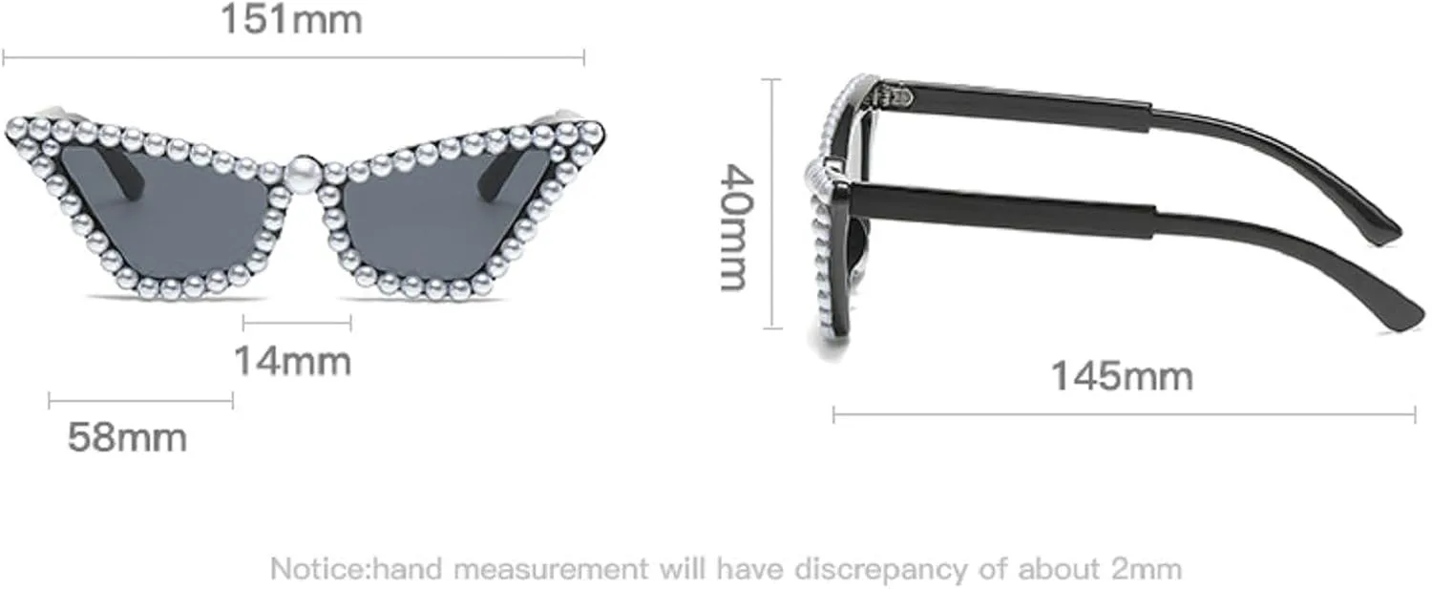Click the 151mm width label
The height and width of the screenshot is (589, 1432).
tap(291, 19)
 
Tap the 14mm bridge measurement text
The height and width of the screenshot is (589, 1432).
tap(293, 362)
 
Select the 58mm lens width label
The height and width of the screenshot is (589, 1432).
tap(127, 438)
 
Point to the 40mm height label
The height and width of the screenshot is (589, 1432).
tap(736, 227)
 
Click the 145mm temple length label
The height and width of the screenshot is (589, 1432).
tap(1122, 375)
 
